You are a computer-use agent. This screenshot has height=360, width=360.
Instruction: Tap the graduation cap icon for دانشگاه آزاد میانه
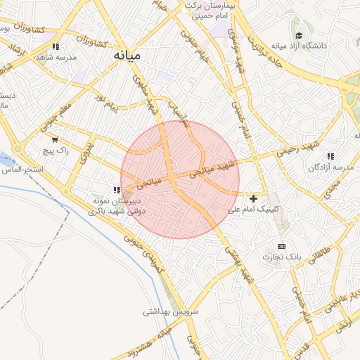[299, 36]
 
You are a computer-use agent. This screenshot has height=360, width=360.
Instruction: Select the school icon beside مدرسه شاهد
[55, 47]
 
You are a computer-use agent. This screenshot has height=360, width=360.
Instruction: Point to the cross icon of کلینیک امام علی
[253, 199]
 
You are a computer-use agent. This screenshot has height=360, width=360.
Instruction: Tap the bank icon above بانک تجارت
[281, 246]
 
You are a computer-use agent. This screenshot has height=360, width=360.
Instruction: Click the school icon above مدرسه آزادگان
[330, 156]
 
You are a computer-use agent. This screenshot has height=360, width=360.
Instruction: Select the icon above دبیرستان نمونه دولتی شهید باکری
[117, 190]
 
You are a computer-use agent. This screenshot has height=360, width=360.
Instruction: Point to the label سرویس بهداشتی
[172, 311]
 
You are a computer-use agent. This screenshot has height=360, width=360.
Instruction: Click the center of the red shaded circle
[180, 179]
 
